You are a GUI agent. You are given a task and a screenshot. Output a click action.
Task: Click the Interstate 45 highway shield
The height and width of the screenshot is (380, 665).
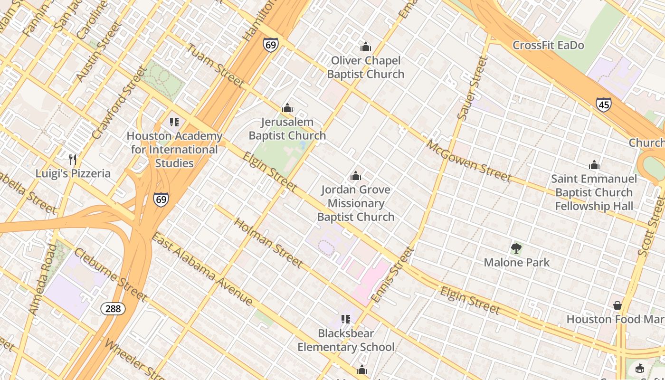(x=604, y=104)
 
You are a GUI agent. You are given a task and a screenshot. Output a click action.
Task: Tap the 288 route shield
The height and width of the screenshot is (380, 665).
(x=113, y=309)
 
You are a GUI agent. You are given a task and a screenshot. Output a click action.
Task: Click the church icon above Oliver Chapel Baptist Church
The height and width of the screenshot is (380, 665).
(x=366, y=47)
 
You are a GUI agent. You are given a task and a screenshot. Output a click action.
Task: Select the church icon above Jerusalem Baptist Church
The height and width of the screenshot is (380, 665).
(x=287, y=108)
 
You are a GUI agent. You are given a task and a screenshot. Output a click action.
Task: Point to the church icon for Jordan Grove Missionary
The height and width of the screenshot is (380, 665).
(x=356, y=176)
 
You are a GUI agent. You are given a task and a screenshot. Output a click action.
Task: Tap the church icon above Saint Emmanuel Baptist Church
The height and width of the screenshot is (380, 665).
(x=594, y=165)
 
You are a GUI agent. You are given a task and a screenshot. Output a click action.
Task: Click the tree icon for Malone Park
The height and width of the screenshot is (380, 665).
(x=516, y=248)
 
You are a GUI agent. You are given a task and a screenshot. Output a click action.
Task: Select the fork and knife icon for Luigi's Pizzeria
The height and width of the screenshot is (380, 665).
(x=73, y=159)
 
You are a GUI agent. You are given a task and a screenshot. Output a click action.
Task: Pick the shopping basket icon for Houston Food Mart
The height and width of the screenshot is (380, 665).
(x=617, y=305)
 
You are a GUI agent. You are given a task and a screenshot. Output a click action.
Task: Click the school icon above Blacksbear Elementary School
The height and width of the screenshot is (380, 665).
(x=346, y=319)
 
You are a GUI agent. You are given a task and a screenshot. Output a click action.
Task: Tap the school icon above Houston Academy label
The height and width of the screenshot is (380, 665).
(x=174, y=122)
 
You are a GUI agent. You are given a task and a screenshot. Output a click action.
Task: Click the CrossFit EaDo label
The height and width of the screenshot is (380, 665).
(x=548, y=46)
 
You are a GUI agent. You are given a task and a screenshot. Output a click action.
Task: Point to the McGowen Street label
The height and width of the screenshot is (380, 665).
(x=468, y=161)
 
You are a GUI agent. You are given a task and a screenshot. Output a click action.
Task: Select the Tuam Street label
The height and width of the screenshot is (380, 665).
(x=215, y=66)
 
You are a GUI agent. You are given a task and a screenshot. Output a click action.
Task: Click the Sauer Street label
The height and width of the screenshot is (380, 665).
(x=473, y=88)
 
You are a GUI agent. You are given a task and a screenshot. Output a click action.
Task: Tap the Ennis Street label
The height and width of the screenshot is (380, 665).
(x=392, y=275)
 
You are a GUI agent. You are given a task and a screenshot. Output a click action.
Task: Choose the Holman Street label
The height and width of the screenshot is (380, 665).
(x=268, y=243)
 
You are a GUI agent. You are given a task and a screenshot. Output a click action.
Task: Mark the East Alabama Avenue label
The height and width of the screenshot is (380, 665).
(x=202, y=269)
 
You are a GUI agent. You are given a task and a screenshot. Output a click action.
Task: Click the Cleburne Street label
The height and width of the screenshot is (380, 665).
(x=110, y=275)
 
